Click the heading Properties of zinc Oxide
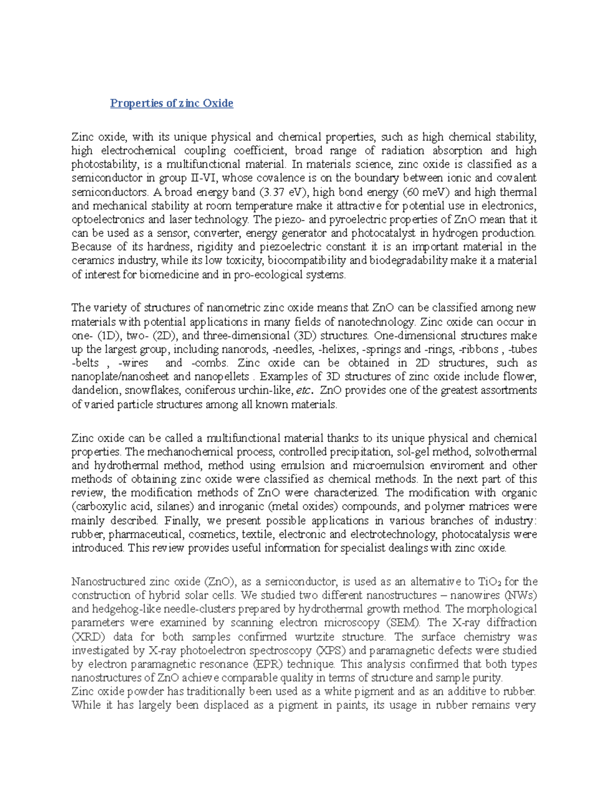[172, 103]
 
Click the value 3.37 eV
[283, 192]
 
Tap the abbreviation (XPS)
[331, 651]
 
